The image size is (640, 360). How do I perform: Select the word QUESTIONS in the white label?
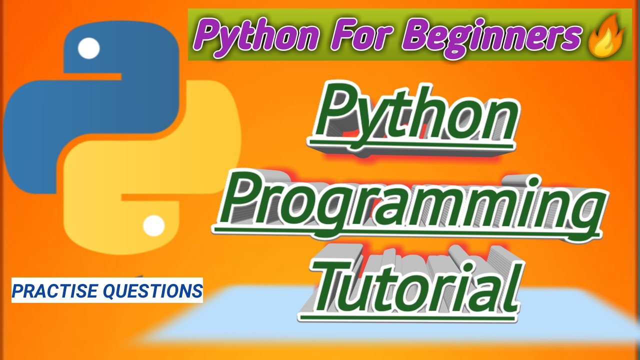tap(158, 290)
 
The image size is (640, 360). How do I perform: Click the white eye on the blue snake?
tap(89, 48)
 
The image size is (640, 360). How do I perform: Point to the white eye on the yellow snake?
tap(153, 226)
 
